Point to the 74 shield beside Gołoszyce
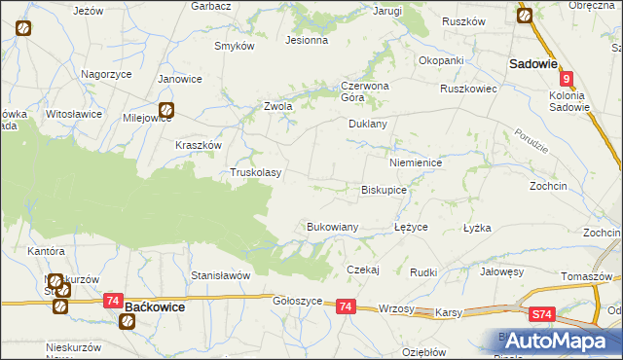pos(345,306)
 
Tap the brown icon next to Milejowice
pos(166,111)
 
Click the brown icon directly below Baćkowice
pos(128,320)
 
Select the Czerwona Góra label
pos(365,90)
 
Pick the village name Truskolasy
pos(255,173)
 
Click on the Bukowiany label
pos(333,227)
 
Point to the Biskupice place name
pos(384,191)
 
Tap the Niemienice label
pos(416,163)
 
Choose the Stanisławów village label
pos(221,275)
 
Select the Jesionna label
pos(306,41)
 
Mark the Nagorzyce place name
pos(107,74)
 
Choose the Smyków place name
pos(235,46)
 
